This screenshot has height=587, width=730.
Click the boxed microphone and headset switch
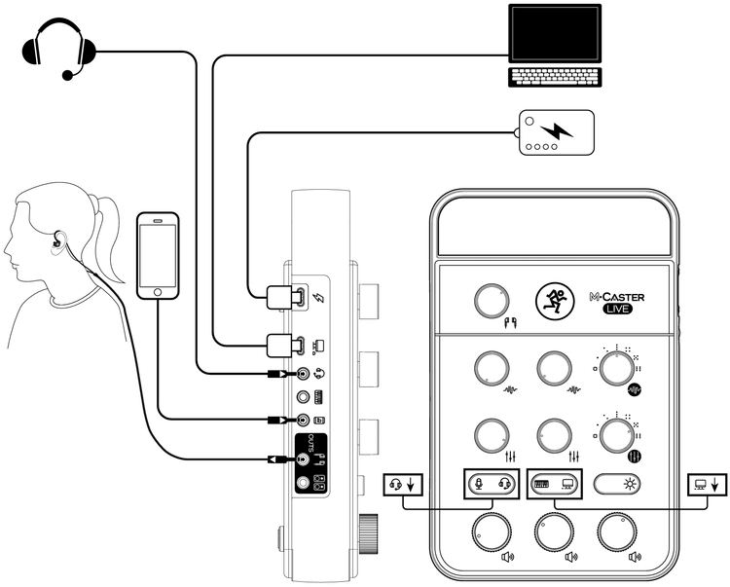pyautogui.click(x=491, y=483)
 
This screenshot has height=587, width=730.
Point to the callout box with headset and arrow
pyautogui.click(x=404, y=483)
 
